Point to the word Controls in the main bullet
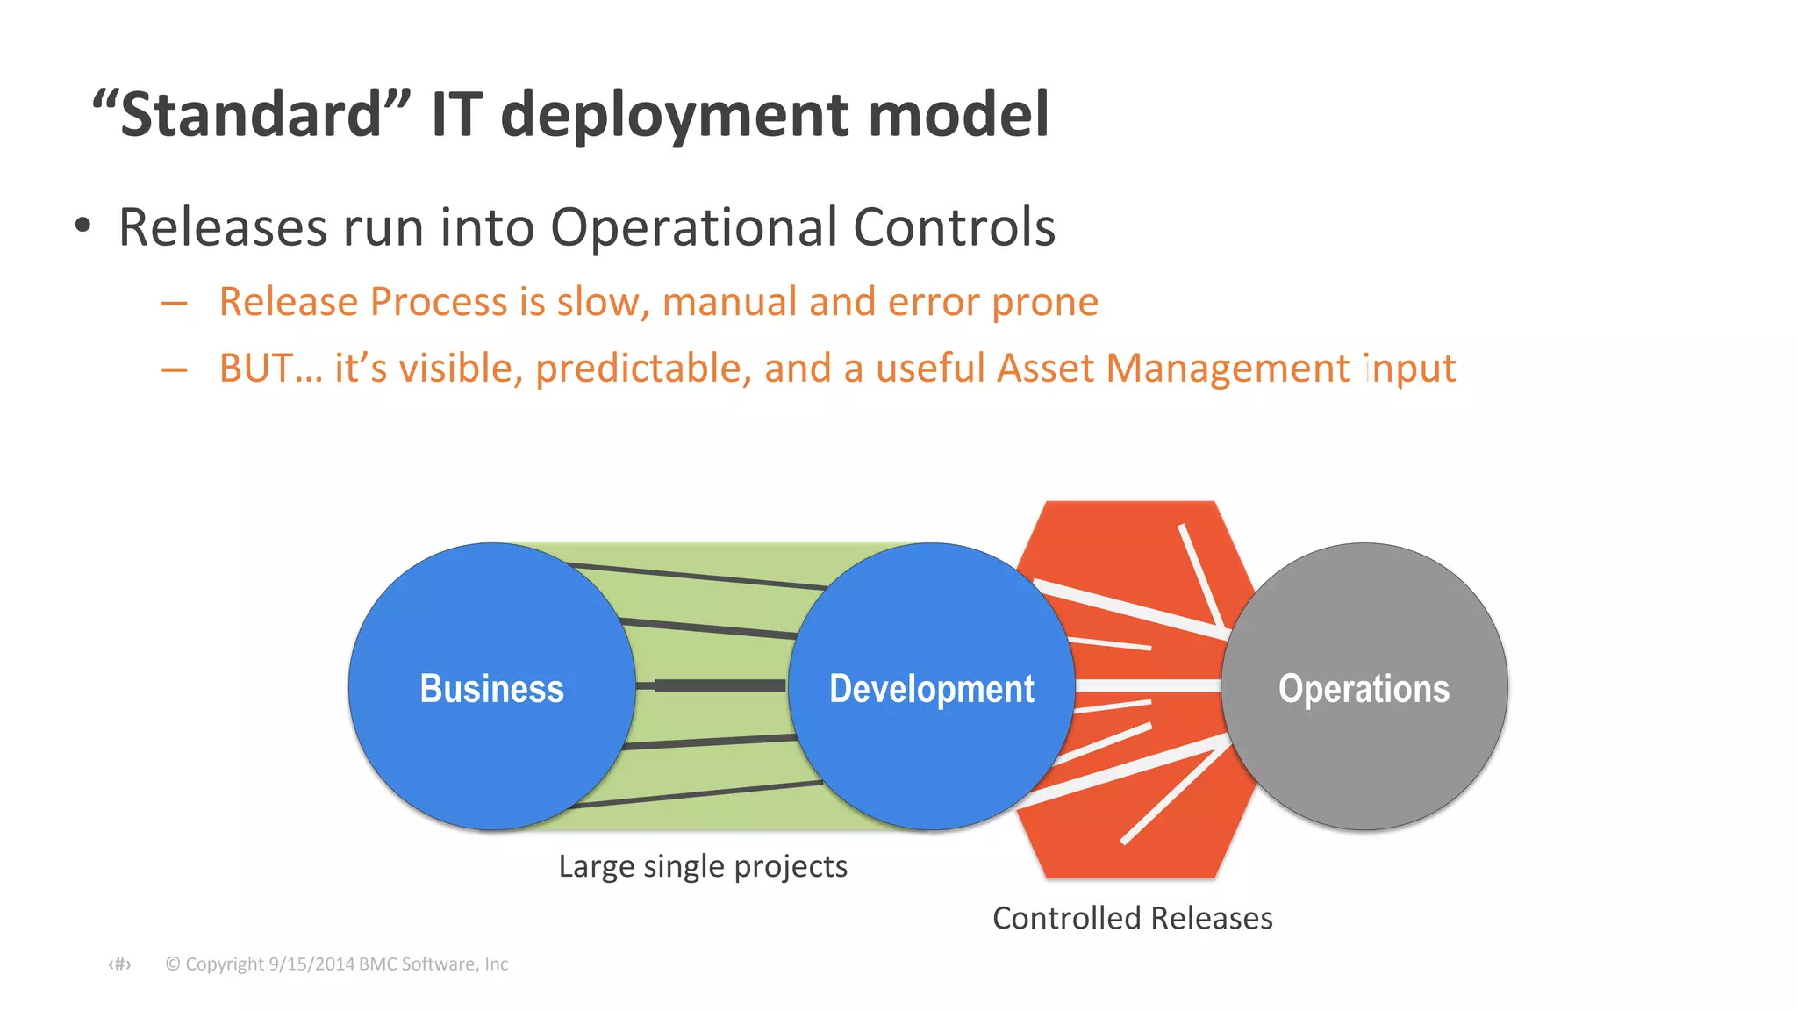pyautogui.click(x=954, y=227)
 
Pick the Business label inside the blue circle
pyautogui.click(x=491, y=689)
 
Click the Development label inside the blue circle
pyautogui.click(x=932, y=689)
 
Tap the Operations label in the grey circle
pyautogui.click(x=1364, y=689)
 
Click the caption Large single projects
pyautogui.click(x=703, y=866)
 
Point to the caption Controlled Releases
pyautogui.click(x=1132, y=918)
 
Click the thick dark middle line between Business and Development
pyautogui.click(x=720, y=685)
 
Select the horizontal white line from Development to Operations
pyautogui.click(x=1148, y=685)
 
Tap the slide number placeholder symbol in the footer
pyautogui.click(x=119, y=964)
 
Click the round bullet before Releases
pyautogui.click(x=82, y=226)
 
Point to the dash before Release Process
pyautogui.click(x=175, y=304)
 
